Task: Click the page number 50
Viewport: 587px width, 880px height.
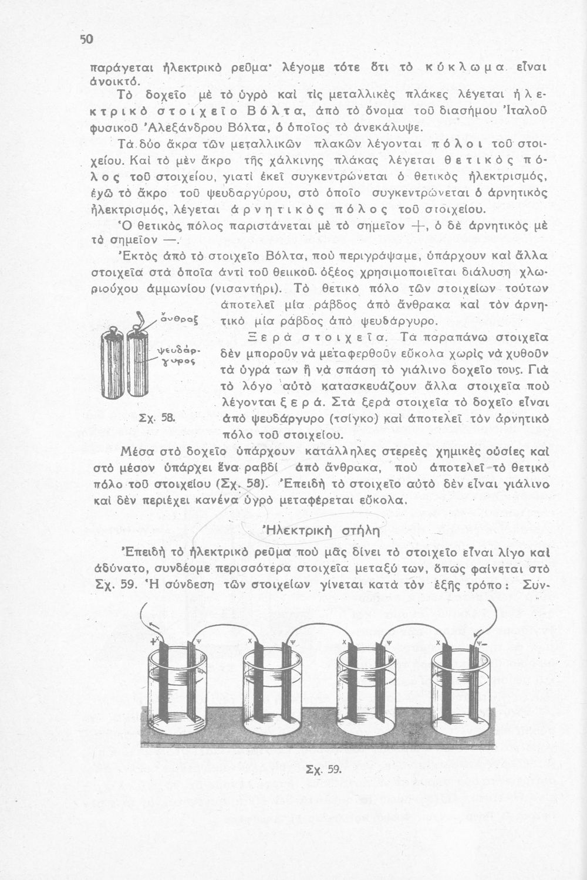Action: [x=86, y=39]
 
